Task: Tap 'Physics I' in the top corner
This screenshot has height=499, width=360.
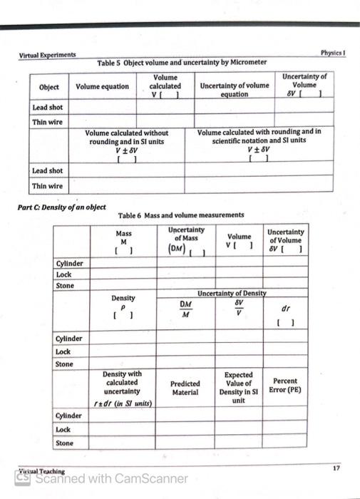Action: (x=333, y=53)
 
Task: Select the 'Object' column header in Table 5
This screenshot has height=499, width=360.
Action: (x=49, y=87)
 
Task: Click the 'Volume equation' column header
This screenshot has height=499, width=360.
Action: (x=103, y=87)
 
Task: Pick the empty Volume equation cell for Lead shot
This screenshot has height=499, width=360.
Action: (x=103, y=107)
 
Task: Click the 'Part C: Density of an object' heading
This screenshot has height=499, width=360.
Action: (x=61, y=206)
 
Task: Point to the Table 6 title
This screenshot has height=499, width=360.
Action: (x=180, y=215)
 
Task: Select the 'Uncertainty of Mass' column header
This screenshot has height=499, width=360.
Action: (x=186, y=240)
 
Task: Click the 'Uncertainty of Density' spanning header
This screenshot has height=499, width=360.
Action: (x=232, y=293)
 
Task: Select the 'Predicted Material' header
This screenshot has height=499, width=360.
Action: (x=185, y=387)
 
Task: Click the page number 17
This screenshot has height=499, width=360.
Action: (x=335, y=467)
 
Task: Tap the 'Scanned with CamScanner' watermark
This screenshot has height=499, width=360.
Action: (x=107, y=478)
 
